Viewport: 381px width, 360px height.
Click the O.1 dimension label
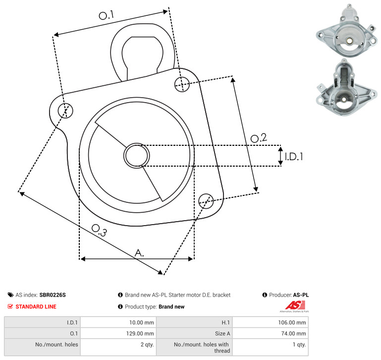[107, 15]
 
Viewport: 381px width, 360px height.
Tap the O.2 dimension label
[259, 138]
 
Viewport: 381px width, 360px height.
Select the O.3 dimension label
[99, 230]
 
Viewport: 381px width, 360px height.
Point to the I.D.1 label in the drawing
[294, 157]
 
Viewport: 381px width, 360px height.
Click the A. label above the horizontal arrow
[139, 253]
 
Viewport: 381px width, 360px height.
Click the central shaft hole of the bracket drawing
[137, 156]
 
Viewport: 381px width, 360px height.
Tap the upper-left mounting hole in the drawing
[65, 111]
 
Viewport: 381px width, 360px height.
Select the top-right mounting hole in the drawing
[182, 84]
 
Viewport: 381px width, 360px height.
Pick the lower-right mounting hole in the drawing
[206, 201]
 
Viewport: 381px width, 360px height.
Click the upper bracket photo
[347, 31]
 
